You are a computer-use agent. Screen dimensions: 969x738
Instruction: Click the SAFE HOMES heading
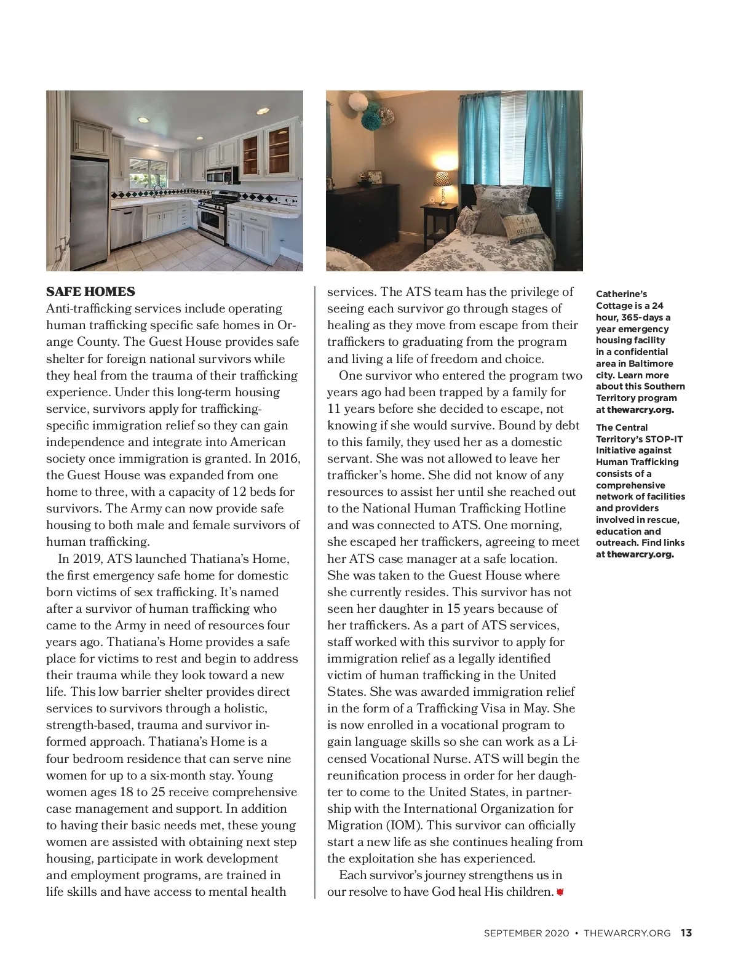(x=90, y=291)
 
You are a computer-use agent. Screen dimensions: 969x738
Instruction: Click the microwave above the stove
(x=221, y=175)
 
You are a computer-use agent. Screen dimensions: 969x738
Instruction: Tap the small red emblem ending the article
(x=560, y=892)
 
